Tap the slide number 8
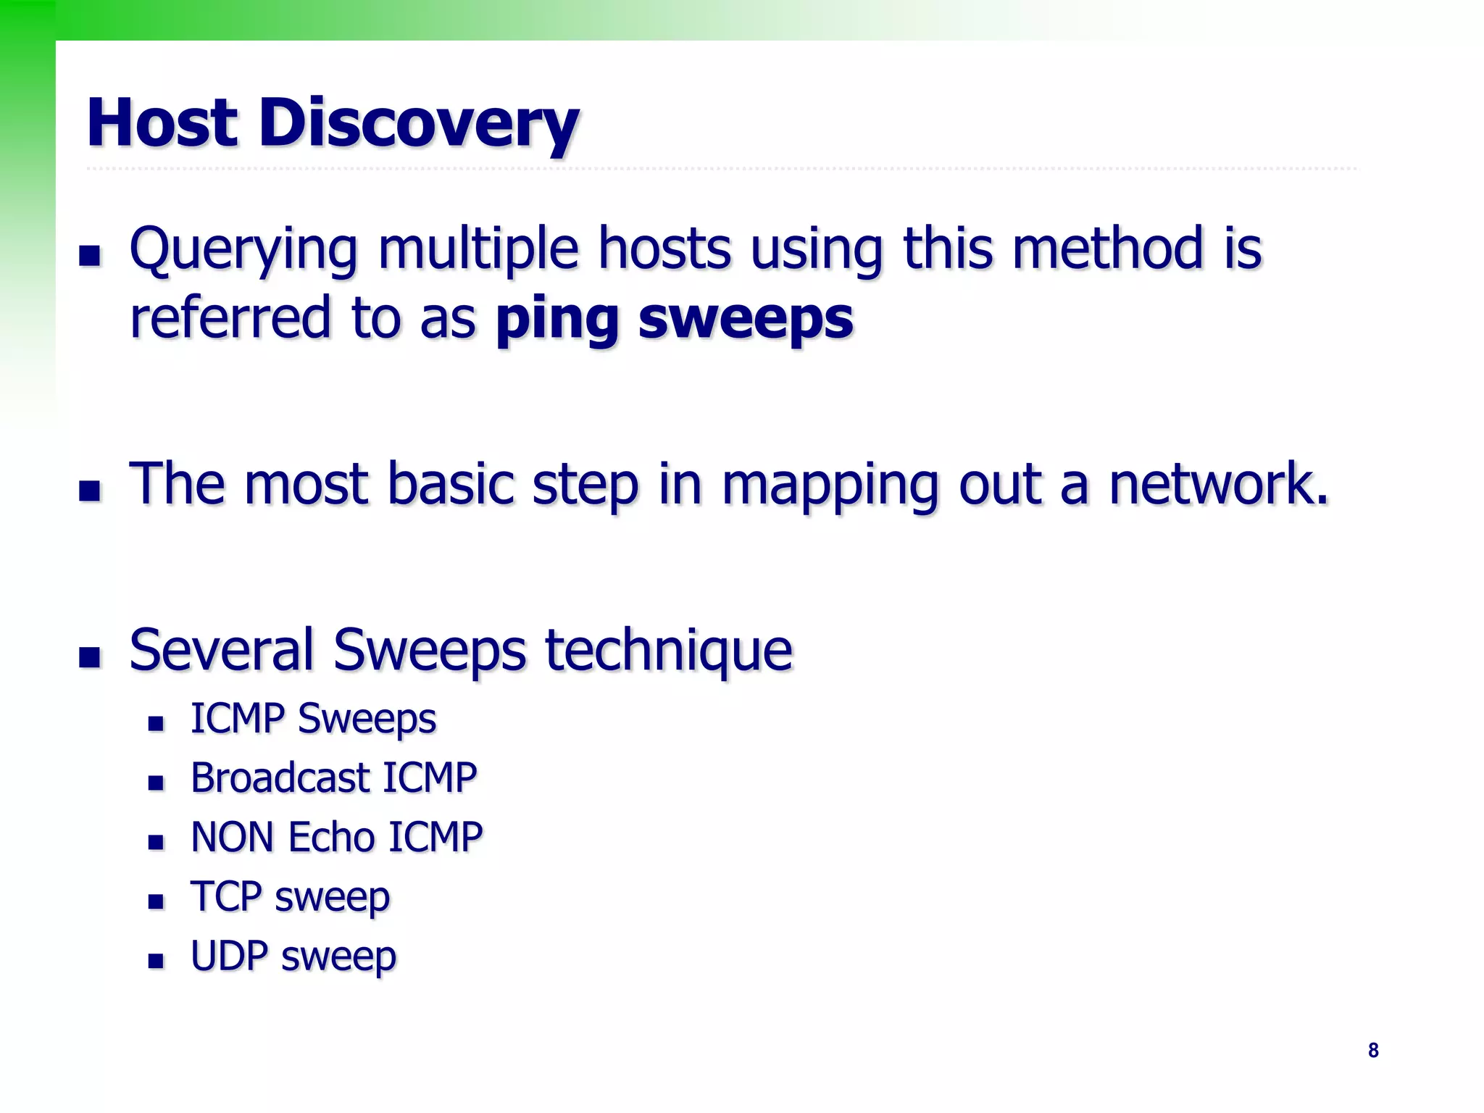point(1373,1050)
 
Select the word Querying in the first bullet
point(243,250)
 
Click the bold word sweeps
point(746,320)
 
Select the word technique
point(669,650)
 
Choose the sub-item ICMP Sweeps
point(313,719)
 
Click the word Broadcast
point(280,778)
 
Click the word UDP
point(229,956)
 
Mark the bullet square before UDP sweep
point(156,961)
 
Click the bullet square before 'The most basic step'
point(90,491)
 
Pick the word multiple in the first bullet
point(478,249)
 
